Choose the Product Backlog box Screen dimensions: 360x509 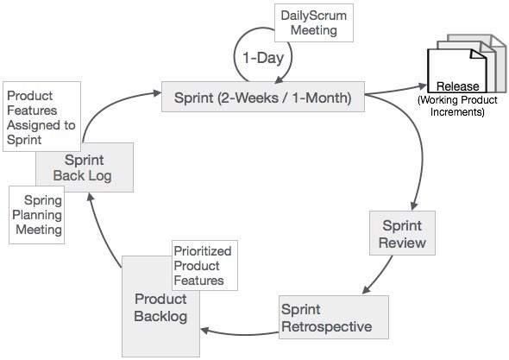coord(160,306)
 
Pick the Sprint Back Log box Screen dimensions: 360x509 coord(85,168)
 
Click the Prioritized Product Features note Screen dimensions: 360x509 coord(203,266)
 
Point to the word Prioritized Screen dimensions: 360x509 coord(203,251)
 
